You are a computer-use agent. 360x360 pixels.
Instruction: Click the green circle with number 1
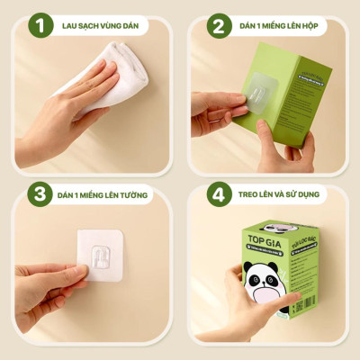(39, 24)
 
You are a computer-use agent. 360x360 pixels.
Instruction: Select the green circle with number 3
(39, 193)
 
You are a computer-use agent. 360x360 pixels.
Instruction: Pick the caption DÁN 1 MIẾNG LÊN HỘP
(279, 25)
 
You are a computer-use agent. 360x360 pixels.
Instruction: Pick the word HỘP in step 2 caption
(313, 25)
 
